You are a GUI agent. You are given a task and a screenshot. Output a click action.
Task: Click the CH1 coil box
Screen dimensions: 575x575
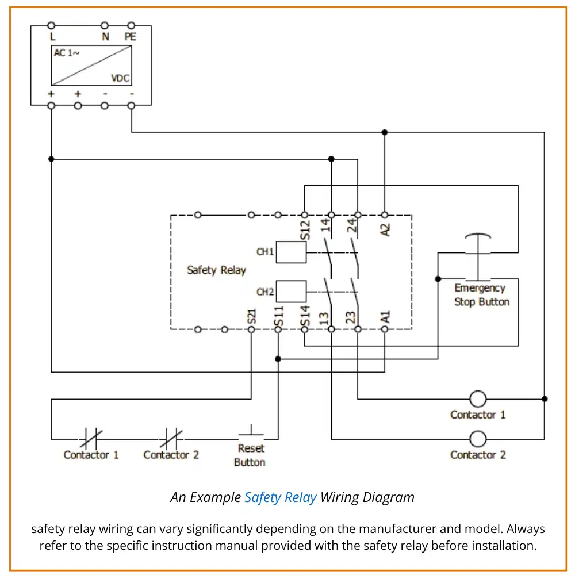pos(291,252)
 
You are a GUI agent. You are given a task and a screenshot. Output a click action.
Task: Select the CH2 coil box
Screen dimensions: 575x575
pos(291,292)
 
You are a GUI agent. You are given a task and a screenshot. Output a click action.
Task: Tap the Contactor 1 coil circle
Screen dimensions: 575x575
pos(478,398)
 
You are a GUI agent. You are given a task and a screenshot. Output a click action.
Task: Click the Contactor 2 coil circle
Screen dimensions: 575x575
pos(478,439)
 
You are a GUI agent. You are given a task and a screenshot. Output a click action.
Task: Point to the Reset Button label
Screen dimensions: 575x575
pos(250,455)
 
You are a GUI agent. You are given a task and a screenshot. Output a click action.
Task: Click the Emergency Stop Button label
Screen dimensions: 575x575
pos(481,295)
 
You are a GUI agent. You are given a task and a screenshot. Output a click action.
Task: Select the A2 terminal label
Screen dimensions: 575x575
pos(386,229)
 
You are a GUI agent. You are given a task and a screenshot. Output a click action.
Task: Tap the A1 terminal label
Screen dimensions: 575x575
pos(386,317)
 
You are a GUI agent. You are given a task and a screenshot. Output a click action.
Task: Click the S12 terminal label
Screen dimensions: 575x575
pos(305,230)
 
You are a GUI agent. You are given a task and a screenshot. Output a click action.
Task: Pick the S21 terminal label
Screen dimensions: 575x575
pos(251,316)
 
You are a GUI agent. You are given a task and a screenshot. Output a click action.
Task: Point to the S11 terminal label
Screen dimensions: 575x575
pos(279,316)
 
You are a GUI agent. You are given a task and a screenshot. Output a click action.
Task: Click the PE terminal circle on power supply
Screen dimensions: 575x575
pos(131,25)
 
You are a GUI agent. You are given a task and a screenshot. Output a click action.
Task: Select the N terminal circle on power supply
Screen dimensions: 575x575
pos(105,25)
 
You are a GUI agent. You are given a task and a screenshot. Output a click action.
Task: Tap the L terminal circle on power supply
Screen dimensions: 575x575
pos(51,25)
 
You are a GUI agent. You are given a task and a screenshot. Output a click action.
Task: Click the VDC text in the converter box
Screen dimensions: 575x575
pos(120,78)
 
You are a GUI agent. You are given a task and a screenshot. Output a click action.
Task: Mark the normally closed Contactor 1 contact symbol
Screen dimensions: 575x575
pos(91,439)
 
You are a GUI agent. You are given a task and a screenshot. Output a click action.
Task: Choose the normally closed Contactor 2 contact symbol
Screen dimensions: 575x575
pos(171,439)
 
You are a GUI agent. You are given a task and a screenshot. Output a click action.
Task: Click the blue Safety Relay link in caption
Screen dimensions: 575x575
pos(280,497)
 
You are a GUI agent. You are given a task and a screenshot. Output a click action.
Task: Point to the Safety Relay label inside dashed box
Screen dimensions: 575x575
pos(216,270)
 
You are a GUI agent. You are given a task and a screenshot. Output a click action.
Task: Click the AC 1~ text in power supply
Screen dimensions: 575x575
pos(67,53)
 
